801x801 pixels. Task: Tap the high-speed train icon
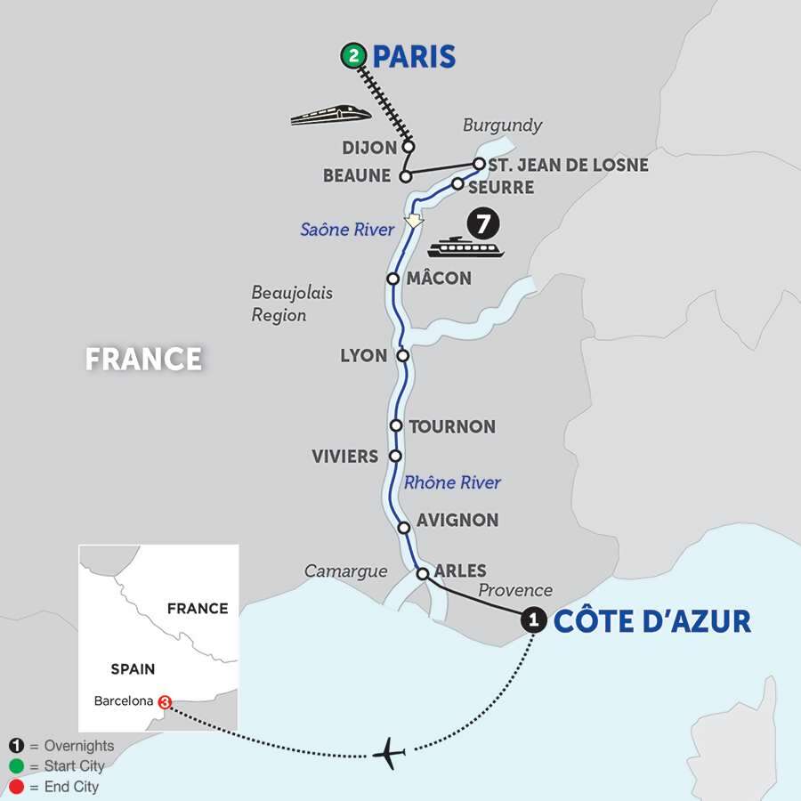(330, 114)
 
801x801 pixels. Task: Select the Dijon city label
(370, 147)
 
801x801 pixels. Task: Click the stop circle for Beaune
(405, 175)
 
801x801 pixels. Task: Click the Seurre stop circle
(457, 184)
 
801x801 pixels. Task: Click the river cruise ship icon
(465, 247)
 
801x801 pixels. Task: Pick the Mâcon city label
(439, 279)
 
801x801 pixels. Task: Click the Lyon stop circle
(402, 355)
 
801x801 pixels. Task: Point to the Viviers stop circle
(396, 456)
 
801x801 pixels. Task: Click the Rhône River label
(452, 482)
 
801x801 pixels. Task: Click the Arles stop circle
(424, 573)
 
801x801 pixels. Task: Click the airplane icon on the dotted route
(388, 753)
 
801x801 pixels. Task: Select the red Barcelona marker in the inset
(165, 701)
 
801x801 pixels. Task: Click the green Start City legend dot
(17, 766)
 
